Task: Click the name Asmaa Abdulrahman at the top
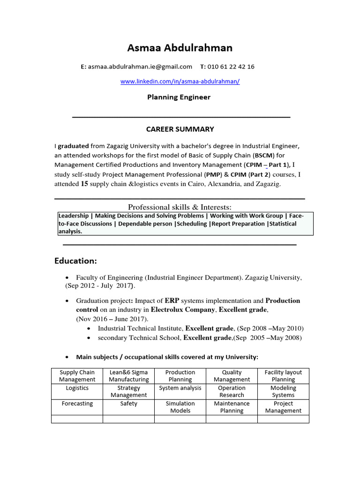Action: tap(180, 48)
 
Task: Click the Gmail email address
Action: tap(140, 67)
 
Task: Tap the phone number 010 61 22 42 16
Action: tap(231, 67)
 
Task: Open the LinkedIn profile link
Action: tap(180, 81)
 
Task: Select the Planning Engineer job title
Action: tap(179, 97)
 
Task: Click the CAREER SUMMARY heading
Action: tap(180, 129)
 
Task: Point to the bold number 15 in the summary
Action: tap(84, 184)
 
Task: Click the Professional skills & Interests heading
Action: tap(180, 207)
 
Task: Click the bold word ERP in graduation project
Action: tap(172, 300)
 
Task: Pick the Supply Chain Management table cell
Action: tap(77, 376)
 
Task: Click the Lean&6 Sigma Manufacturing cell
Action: tap(129, 376)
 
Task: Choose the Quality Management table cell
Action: tap(232, 376)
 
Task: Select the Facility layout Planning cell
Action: tap(283, 376)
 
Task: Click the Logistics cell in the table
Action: tap(77, 388)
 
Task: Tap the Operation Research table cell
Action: tap(232, 391)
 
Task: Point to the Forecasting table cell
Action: tap(77, 404)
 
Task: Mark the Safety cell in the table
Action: tap(129, 404)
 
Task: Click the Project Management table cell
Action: tap(283, 407)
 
